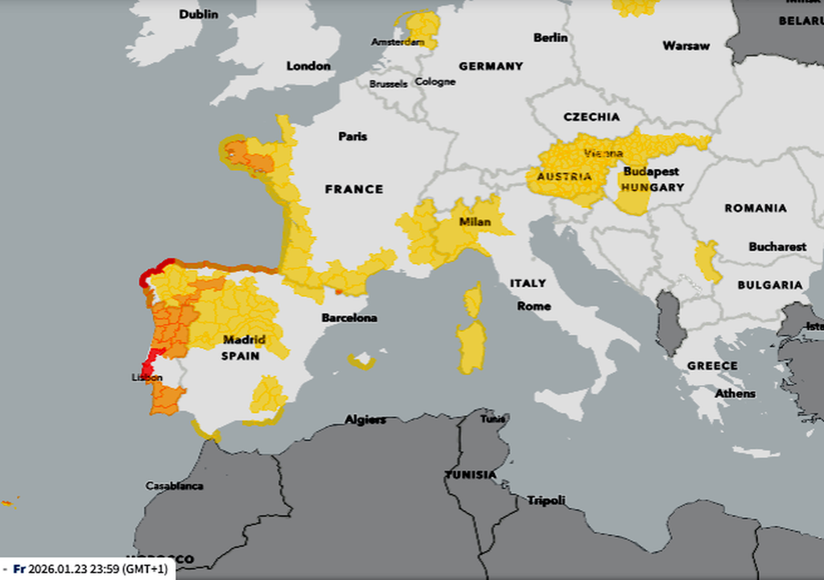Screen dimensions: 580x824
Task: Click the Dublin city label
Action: pos(199,14)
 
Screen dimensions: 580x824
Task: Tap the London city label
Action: pos(308,66)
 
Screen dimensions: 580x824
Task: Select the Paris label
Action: pos(352,136)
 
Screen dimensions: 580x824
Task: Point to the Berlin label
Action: pos(550,38)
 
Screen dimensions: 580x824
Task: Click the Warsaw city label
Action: pos(686,46)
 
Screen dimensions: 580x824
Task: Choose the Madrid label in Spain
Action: pos(244,340)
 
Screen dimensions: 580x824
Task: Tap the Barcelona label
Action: pos(349,318)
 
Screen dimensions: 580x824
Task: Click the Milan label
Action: pos(475,222)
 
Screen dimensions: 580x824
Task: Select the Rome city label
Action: pos(534,306)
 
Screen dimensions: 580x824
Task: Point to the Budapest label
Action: pos(650,172)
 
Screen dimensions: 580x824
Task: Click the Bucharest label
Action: pos(777,246)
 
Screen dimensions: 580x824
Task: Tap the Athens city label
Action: pos(735,394)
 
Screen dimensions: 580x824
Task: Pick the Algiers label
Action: pos(365,420)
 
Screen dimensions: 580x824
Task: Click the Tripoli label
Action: pos(546,500)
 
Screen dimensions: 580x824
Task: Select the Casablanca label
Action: pos(174,486)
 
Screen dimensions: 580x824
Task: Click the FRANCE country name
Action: pos(354,189)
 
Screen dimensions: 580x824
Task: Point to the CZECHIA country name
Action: pos(591,117)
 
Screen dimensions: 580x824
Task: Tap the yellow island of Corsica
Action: pos(473,300)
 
